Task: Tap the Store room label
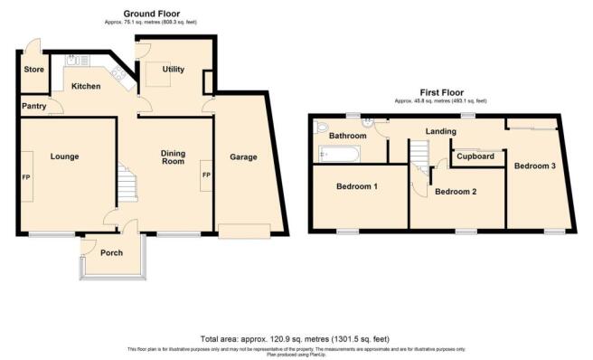[x=34, y=69]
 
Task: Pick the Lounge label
[x=64, y=156]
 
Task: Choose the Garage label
[x=243, y=157]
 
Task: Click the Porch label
[x=111, y=252]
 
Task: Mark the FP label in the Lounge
[x=25, y=175]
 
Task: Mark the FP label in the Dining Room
[x=205, y=175]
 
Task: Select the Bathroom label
[x=347, y=136]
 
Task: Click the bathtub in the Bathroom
[x=339, y=155]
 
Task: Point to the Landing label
[x=441, y=132]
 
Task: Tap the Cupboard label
[x=475, y=156]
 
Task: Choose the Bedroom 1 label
[x=357, y=186]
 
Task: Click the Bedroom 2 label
[x=456, y=192]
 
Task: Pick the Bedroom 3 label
[x=536, y=166]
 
